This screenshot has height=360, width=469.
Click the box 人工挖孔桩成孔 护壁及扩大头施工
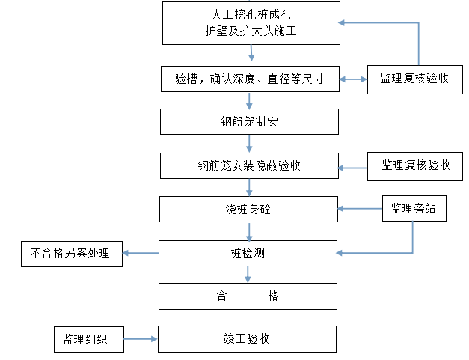pyautogui.click(x=251, y=23)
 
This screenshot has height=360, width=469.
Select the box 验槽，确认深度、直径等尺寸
pyautogui.click(x=250, y=79)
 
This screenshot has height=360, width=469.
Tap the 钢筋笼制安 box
pyautogui.click(x=249, y=121)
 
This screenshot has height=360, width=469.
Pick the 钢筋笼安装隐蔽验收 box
pyautogui.click(x=249, y=166)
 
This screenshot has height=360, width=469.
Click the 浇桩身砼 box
pyautogui.click(x=248, y=209)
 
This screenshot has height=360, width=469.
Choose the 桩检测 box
pyautogui.click(x=248, y=253)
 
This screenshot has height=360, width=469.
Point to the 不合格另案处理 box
pyautogui.click(x=72, y=254)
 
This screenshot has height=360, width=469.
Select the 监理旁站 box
pyautogui.click(x=414, y=209)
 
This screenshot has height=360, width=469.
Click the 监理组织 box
pyautogui.click(x=89, y=339)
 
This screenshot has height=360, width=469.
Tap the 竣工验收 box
pyautogui.click(x=247, y=339)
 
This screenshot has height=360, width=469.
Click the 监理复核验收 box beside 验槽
pyautogui.click(x=415, y=79)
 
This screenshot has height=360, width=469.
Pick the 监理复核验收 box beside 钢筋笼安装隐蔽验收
pyautogui.click(x=415, y=166)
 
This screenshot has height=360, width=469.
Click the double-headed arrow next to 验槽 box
pyautogui.click(x=354, y=79)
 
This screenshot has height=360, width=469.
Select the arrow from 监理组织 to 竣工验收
pyautogui.click(x=141, y=339)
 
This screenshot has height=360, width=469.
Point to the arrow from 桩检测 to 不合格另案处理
pyautogui.click(x=141, y=253)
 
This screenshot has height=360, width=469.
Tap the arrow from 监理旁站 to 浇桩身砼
pyautogui.click(x=360, y=209)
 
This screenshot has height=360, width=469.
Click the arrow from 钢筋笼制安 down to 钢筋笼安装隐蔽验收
pyautogui.click(x=249, y=144)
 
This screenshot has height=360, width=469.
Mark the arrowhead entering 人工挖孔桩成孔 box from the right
pyautogui.click(x=342, y=22)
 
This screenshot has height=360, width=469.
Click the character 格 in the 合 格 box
pyautogui.click(x=273, y=296)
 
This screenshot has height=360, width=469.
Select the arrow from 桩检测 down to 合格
pyautogui.click(x=248, y=275)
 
